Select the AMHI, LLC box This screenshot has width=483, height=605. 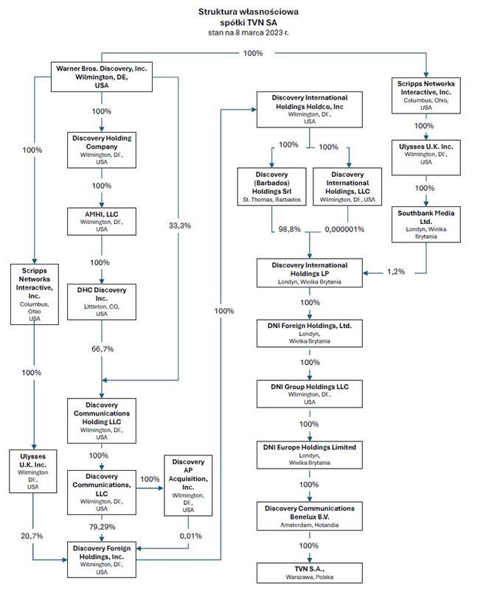pos(102,220)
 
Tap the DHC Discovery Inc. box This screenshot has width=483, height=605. pos(102,301)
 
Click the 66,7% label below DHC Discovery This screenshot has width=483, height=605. pos(102,347)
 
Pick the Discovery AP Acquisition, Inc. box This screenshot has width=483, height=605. pos(188,485)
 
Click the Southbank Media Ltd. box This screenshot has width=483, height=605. pos(420,223)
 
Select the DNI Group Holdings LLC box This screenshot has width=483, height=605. pos(310,393)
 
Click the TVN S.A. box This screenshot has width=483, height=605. pos(310,573)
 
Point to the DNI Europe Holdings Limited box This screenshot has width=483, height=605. pos(310,454)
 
